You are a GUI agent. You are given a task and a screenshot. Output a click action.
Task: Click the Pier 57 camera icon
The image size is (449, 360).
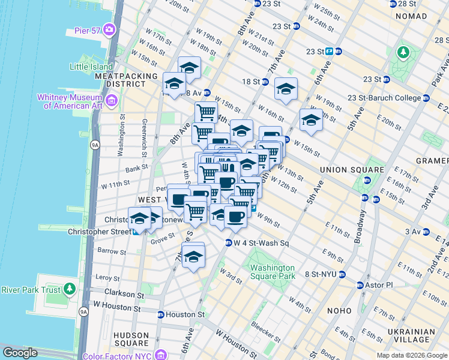click(x=109, y=29)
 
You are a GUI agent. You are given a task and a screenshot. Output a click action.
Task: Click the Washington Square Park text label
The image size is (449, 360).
click(x=273, y=272)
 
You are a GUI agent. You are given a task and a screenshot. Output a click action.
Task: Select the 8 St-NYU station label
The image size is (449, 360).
click(x=322, y=274)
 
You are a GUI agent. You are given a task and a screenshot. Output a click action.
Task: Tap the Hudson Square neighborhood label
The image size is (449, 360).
click(x=131, y=340)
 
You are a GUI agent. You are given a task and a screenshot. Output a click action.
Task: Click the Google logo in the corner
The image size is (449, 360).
click(x=20, y=353)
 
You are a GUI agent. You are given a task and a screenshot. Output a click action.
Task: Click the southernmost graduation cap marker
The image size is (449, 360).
click(x=193, y=257)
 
